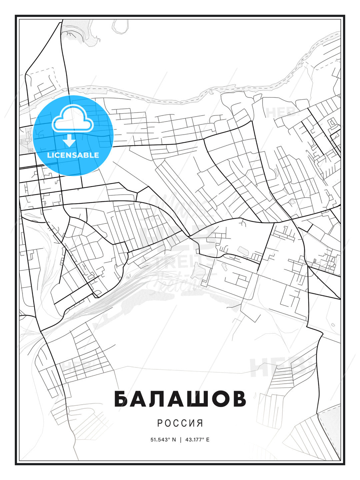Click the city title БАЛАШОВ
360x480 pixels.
pos(180,399)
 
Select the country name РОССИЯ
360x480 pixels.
pos(180,423)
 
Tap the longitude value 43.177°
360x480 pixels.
pos(195,440)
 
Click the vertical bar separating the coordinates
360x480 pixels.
pos(181,440)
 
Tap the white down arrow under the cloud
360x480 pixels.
pos(69,141)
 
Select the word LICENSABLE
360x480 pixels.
pos(73,155)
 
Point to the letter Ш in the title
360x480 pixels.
pos(194,399)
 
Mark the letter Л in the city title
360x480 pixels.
pos(169,399)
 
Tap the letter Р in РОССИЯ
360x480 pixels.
pos(160,423)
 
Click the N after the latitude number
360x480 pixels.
pos(174,440)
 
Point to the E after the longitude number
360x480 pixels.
pos(208,440)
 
